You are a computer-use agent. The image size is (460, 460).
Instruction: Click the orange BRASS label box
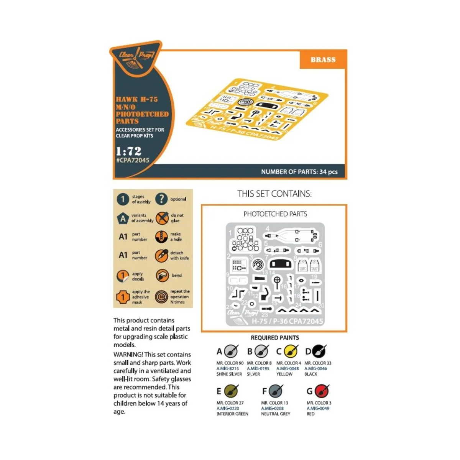tap(323, 59)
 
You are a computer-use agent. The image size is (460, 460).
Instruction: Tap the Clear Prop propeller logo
tap(136, 58)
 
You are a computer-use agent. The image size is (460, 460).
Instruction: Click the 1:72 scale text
tap(129, 151)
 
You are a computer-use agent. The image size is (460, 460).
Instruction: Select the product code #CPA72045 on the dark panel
tap(133, 160)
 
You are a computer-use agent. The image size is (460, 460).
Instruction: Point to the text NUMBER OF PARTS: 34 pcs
tap(299, 172)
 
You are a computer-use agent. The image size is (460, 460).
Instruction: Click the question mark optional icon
tap(161, 199)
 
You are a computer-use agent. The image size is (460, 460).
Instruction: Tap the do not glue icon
tap(162, 218)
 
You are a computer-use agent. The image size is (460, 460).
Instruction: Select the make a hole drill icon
tap(161, 237)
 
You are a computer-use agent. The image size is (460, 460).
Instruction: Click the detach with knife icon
tap(161, 255)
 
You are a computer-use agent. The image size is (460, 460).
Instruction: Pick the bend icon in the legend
tap(162, 275)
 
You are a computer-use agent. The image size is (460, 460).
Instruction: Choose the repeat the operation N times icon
tap(161, 297)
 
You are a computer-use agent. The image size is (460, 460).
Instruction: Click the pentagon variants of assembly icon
tap(123, 218)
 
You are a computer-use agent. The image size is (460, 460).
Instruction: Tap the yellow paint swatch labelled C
tap(291, 351)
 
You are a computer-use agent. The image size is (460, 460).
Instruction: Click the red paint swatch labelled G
tap(322, 391)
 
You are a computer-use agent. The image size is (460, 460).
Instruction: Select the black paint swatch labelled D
tap(319, 351)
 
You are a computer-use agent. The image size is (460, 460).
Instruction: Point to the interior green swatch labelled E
tap(231, 391)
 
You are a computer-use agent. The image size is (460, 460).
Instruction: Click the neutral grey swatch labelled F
tap(276, 391)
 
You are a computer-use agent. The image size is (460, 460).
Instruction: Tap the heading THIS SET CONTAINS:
tap(274, 194)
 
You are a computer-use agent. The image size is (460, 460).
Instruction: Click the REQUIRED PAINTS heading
tap(275, 338)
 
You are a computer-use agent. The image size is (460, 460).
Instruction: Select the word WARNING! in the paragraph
tap(128, 355)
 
